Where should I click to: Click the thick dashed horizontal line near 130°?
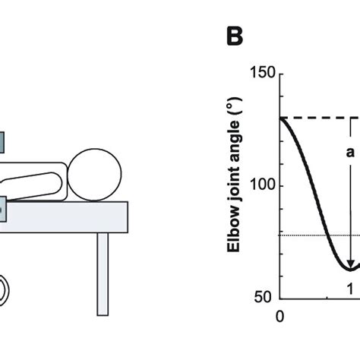click(x=319, y=118)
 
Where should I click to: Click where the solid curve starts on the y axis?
click(x=282, y=118)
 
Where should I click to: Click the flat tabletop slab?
click(x=68, y=216)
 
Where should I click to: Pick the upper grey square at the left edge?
click(x=2, y=141)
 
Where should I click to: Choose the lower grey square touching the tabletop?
click(x=3, y=206)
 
